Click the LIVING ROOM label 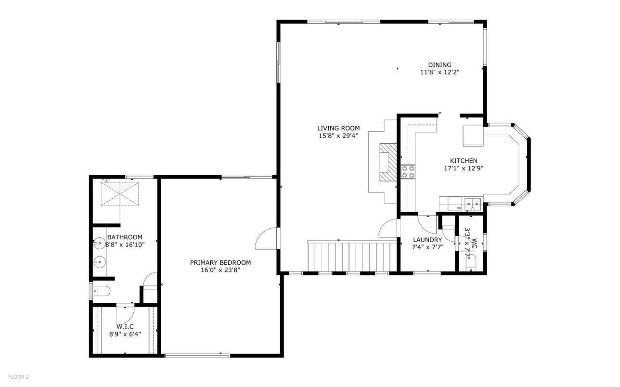click(338, 128)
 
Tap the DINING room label click(439, 65)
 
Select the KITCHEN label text click(463, 161)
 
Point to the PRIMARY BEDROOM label click(220, 262)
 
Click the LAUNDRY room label click(427, 240)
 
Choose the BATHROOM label click(125, 237)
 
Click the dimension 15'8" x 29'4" click(338, 136)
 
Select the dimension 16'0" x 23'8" click(220, 270)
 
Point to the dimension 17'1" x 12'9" click(463, 168)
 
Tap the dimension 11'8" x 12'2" click(439, 73)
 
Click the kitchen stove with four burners click(408, 171)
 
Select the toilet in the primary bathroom click(101, 291)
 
